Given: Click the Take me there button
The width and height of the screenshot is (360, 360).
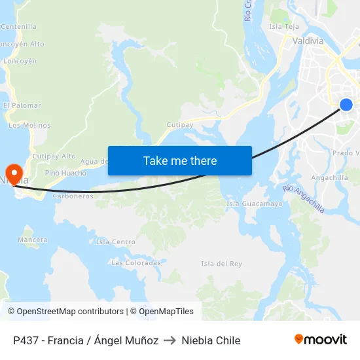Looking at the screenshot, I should [x=179, y=160].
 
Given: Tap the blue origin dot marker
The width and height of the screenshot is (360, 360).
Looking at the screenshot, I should [x=346, y=105].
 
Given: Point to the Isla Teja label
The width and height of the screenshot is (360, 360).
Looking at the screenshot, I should [x=284, y=27].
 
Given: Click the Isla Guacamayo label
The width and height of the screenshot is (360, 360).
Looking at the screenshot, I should [x=255, y=204].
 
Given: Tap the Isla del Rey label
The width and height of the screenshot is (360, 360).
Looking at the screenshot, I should [x=222, y=263].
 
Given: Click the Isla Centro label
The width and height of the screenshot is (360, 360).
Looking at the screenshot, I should [x=116, y=242].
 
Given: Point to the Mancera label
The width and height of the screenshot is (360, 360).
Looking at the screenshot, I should [x=33, y=240].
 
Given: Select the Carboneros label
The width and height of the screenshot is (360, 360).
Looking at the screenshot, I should [x=73, y=196].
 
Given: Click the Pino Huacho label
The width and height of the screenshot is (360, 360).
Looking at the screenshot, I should [x=65, y=173].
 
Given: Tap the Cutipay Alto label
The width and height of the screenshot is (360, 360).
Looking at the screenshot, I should [x=54, y=156].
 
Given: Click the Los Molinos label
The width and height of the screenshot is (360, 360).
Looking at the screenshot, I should [x=29, y=125].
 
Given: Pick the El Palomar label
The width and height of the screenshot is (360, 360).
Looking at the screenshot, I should [x=22, y=105].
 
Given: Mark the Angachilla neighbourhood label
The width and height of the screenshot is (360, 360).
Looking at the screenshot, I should [x=330, y=177].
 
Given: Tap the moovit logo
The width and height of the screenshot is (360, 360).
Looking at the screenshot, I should [x=320, y=339].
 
